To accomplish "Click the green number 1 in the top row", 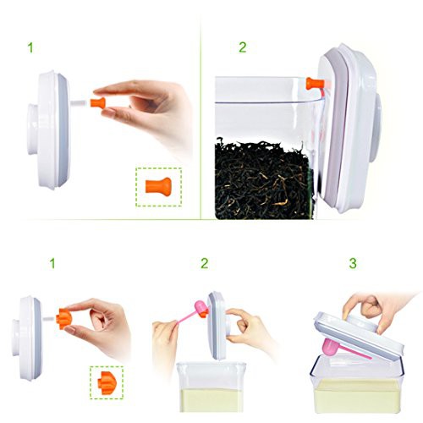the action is click(x=30, y=47).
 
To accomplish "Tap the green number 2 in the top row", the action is click(x=243, y=47).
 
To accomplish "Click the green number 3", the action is click(x=353, y=263).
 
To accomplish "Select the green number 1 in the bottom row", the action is click(x=52, y=263).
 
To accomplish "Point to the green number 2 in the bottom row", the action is click(x=205, y=263).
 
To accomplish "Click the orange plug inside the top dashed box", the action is click(x=158, y=187).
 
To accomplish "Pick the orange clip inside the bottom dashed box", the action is click(x=107, y=382).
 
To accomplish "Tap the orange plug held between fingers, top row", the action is click(x=98, y=103).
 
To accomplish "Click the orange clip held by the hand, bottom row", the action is click(x=63, y=319).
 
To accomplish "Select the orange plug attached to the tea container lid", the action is click(x=314, y=84).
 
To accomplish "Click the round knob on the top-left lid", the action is click(x=32, y=129).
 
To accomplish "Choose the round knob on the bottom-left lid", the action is click(x=15, y=338).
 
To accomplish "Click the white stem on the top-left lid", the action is click(x=80, y=103).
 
